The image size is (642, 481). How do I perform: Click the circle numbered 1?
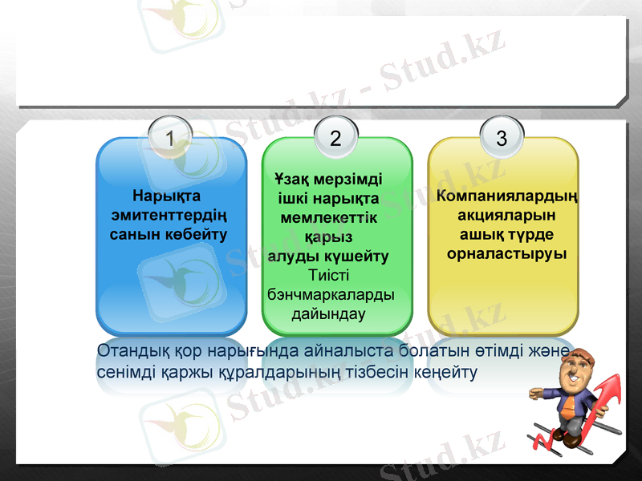coord(169,138)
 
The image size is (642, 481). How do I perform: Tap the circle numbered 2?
coord(335,138)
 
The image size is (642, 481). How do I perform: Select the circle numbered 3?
coord(502,138)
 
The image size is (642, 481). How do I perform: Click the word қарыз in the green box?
coord(329,236)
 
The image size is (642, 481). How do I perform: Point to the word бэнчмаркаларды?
coord(330,294)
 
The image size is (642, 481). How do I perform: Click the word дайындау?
coord(329,313)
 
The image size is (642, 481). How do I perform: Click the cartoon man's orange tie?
coord(569,405)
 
